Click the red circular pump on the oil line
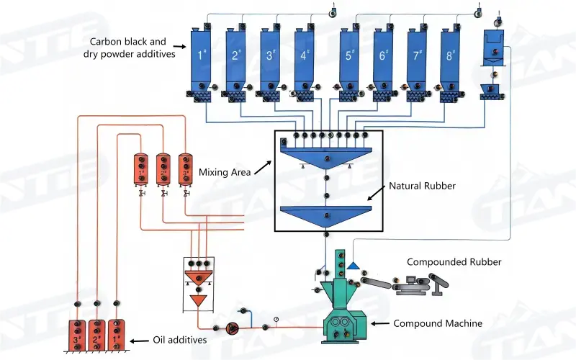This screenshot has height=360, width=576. point(230,328)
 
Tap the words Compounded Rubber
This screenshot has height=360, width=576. point(444,262)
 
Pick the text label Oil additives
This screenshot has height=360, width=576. point(181,340)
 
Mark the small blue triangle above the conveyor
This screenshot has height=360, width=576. point(354,266)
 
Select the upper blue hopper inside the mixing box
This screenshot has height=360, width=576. point(327,158)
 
